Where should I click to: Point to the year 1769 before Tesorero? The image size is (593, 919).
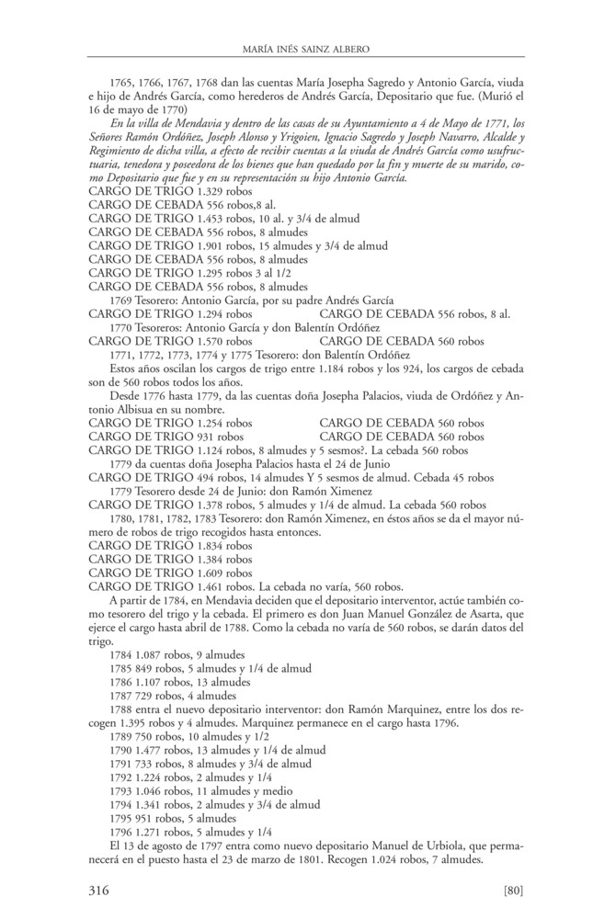120,301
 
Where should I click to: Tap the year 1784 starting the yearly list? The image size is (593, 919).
120,654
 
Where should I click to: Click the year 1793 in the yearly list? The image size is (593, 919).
120,790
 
